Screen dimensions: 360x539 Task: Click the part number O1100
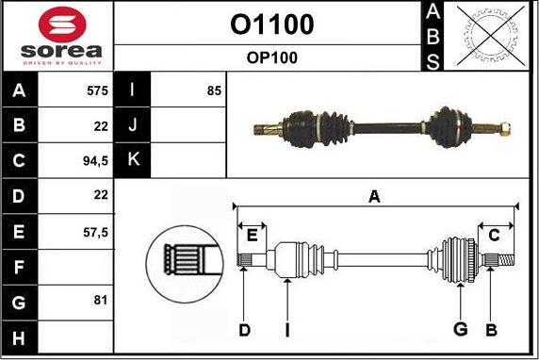271,24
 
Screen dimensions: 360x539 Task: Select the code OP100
271,57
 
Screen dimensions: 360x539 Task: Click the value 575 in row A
97,92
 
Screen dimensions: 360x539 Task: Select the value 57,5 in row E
97,230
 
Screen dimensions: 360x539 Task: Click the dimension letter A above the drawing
374,197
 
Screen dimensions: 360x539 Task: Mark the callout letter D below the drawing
244,329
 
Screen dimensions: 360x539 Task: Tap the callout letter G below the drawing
461,329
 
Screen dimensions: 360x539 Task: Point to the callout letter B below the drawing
490,329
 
